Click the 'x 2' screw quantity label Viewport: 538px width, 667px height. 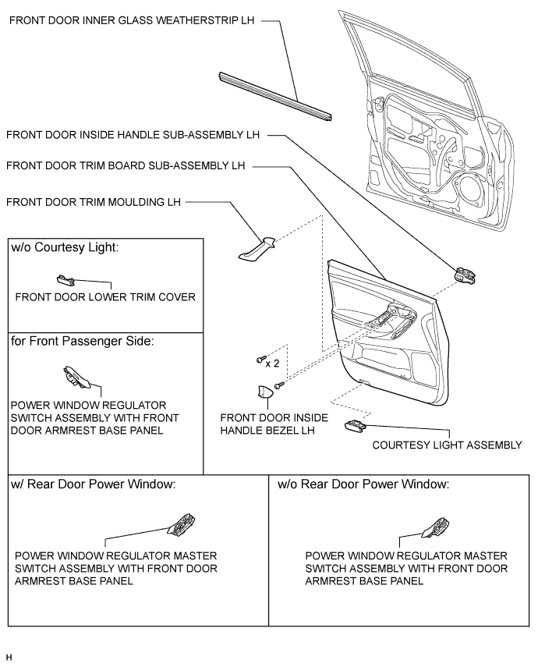[273, 363]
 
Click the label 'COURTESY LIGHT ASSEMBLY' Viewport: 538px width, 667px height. [447, 445]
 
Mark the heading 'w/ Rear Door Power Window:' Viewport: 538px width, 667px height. [93, 484]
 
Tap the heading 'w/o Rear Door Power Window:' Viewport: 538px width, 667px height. [363, 484]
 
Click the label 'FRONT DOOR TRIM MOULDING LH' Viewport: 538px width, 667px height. [93, 202]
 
